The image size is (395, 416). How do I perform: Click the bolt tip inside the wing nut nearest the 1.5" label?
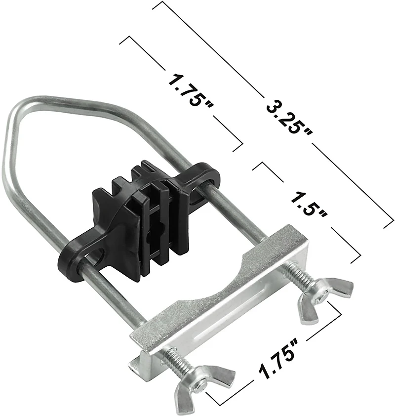point(322,295)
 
